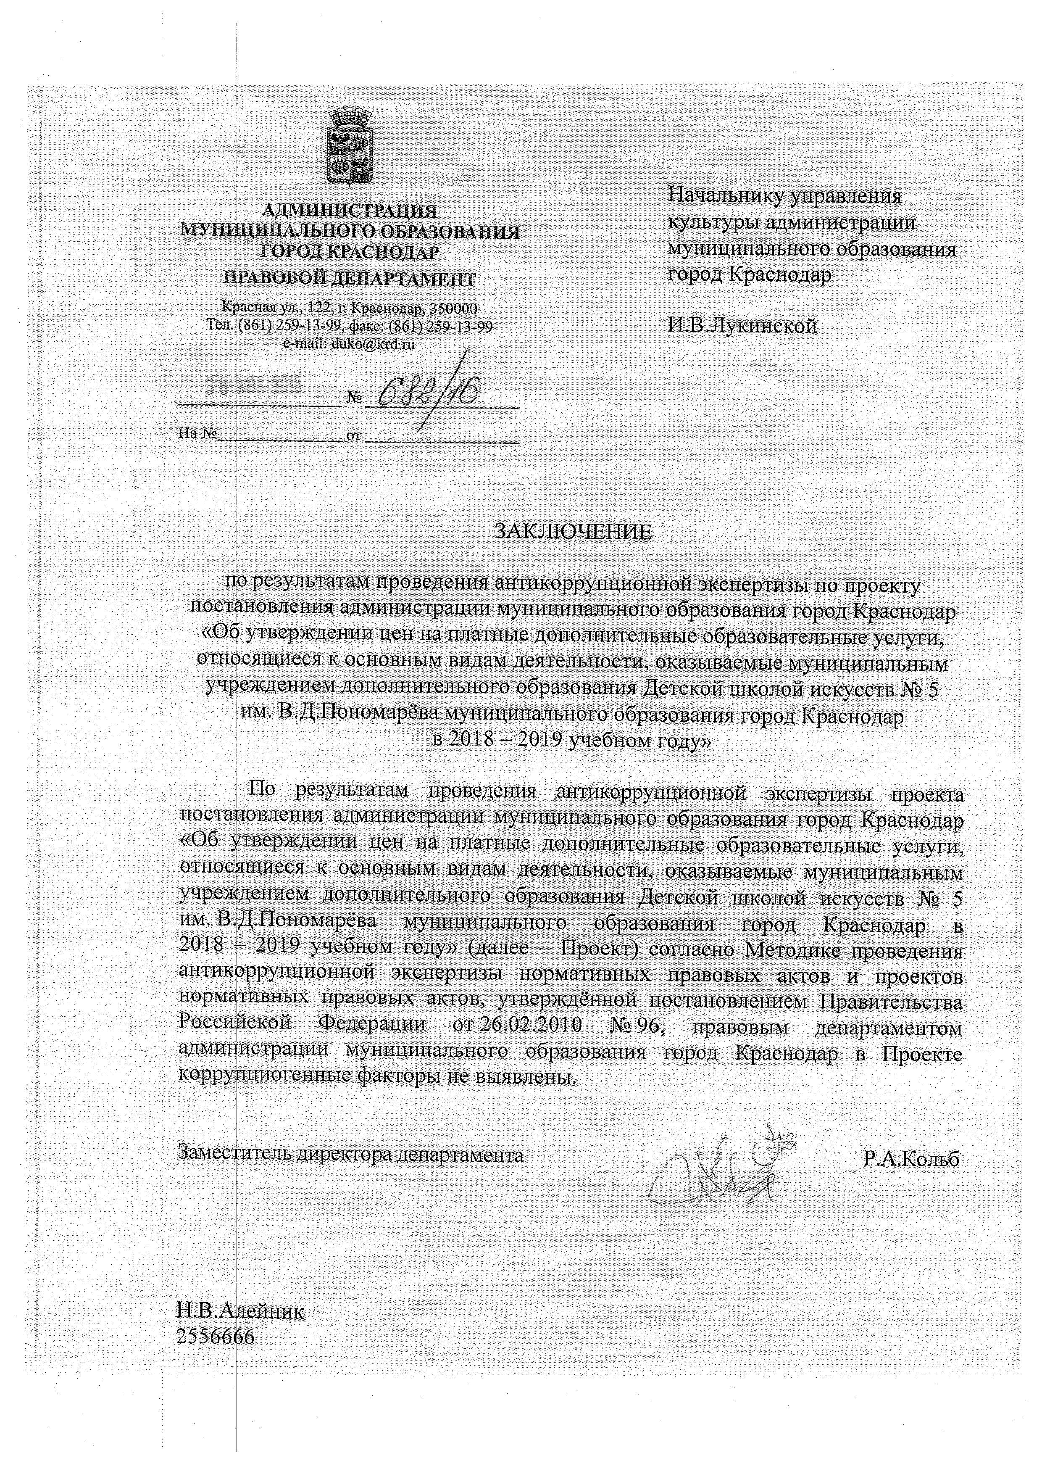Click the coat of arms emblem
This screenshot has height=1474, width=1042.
(x=350, y=147)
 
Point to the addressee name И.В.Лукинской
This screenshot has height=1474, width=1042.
(x=742, y=326)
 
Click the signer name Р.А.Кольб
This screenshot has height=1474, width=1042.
(x=911, y=1159)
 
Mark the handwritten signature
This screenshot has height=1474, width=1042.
(x=718, y=1168)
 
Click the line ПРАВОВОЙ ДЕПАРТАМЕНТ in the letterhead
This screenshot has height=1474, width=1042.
(x=350, y=279)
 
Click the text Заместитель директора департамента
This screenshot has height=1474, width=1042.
(x=350, y=1155)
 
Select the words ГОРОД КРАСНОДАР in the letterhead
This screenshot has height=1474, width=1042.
(x=350, y=253)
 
